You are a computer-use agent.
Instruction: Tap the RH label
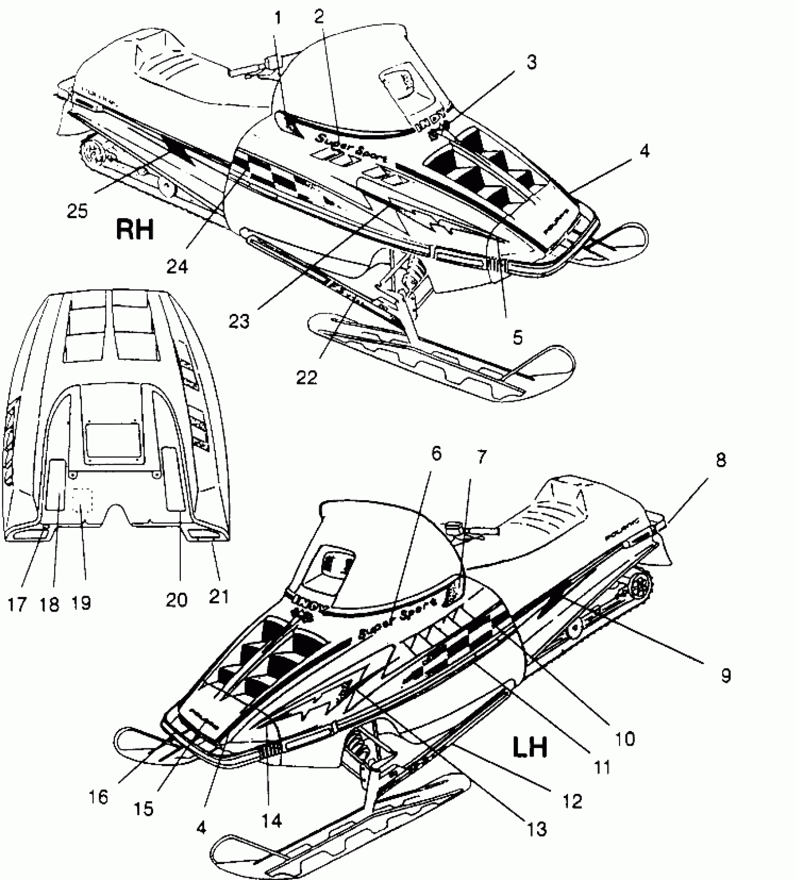pos(135,230)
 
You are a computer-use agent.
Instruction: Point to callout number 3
pos(531,62)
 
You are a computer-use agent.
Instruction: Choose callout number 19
pos(81,603)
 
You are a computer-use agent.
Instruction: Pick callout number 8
pos(721,460)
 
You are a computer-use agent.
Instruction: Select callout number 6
pos(436,454)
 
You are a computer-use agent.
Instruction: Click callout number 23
pos(239,321)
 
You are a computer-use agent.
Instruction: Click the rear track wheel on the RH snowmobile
pos(92,150)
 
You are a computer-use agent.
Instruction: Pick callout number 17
pos(17,605)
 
